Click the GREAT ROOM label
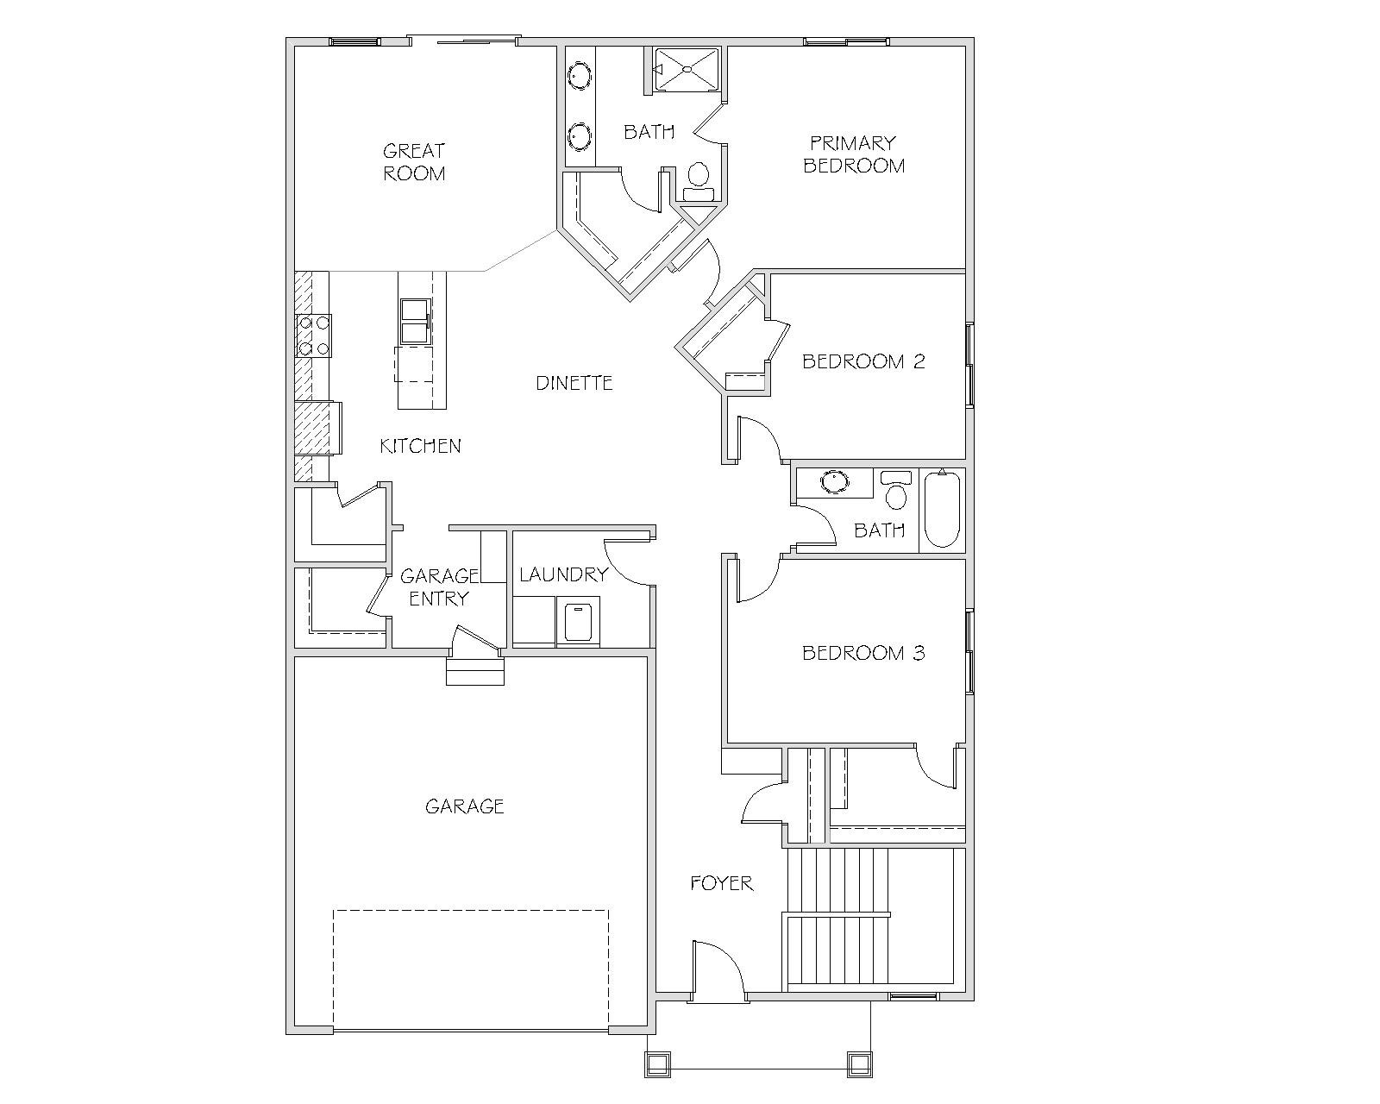tap(414, 162)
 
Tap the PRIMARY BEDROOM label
tap(854, 154)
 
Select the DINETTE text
tap(574, 383)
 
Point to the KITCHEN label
tap(420, 446)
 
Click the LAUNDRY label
tap(563, 574)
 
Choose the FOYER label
tap(721, 883)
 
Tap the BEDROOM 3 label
tap(863, 653)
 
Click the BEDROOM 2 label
tap(863, 361)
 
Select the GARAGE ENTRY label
tap(439, 587)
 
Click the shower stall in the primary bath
tap(686, 69)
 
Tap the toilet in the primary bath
tap(699, 182)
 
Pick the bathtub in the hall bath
tap(942, 510)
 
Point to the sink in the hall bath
tap(835, 482)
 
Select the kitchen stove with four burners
tap(313, 336)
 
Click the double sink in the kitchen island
tap(416, 322)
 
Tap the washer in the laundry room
tap(579, 622)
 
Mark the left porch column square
tap(657, 1064)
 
